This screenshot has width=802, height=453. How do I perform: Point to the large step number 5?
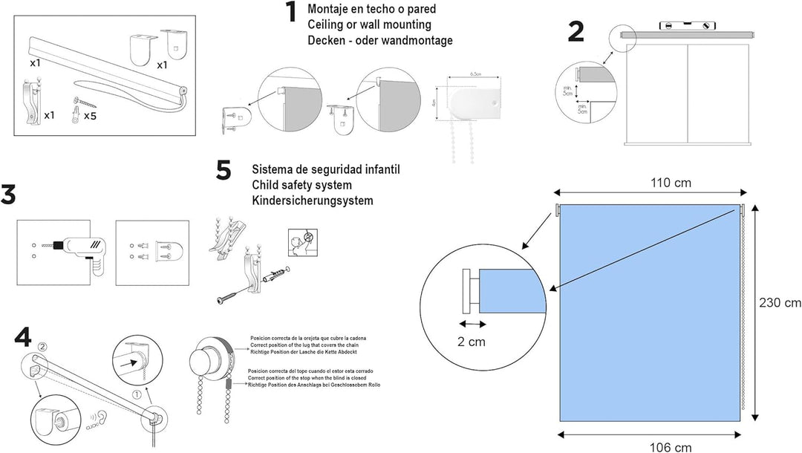coord(224,171)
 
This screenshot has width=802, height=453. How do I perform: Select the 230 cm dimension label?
coord(780,302)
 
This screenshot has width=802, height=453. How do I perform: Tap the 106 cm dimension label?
coord(650,446)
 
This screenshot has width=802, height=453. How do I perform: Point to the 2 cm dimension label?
coord(472,342)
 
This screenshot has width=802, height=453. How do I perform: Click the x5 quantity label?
coord(90,116)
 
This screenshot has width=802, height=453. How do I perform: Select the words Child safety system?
coord(301,185)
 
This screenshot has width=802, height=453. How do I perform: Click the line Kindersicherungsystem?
coord(313,201)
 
